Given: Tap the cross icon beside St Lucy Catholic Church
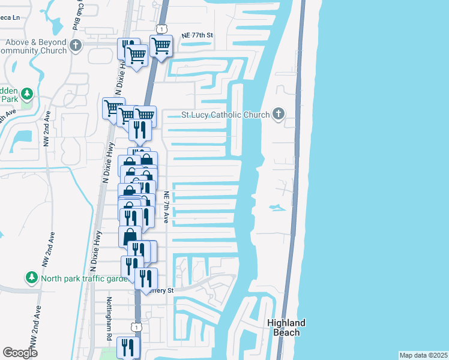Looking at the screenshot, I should click(x=278, y=113).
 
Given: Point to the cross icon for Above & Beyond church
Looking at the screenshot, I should click(x=76, y=46).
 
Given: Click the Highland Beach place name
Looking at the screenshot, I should click(x=286, y=328).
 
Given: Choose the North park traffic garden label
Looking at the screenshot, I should click(x=85, y=278).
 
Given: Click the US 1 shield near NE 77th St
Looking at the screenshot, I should click(x=162, y=29).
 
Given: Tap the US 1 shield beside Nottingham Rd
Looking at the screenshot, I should click(x=137, y=326).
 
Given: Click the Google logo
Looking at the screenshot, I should click(x=20, y=353).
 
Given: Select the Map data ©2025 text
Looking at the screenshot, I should click(x=423, y=355).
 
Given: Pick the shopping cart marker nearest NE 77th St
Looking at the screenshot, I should click(x=161, y=46).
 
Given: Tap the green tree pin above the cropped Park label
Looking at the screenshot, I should click(x=26, y=94).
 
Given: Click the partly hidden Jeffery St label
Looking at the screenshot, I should click(x=164, y=291).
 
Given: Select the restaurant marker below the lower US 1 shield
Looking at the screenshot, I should click(x=128, y=347).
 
